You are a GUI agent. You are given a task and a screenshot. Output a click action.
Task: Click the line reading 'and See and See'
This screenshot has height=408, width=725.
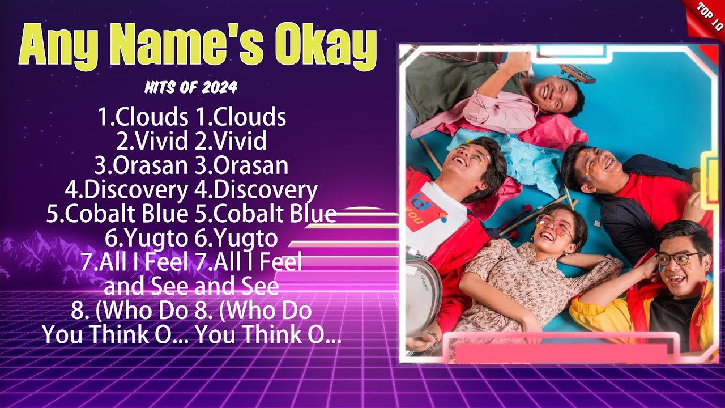click(x=191, y=287)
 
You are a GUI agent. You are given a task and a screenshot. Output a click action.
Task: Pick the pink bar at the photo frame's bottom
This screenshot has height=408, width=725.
click(x=561, y=352)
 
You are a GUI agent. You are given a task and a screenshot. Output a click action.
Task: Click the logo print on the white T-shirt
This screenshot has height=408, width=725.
click(x=424, y=210)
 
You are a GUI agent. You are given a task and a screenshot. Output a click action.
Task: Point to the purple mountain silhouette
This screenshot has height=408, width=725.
click(x=34, y=255)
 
